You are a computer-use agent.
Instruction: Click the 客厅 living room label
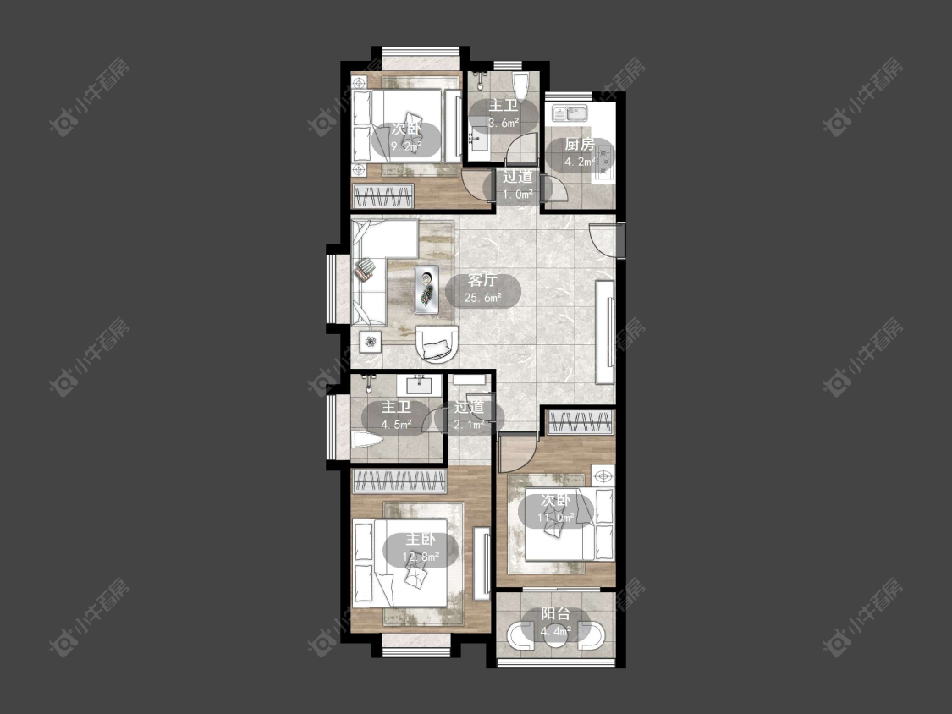point(482,281)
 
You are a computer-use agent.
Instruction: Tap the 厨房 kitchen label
point(579,145)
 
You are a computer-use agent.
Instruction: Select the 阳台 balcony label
point(555,614)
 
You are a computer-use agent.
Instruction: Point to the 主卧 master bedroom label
point(421,539)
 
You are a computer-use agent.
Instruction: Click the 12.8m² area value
point(421,556)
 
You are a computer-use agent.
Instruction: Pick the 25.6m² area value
point(482,298)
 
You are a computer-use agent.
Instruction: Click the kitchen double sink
point(569,113)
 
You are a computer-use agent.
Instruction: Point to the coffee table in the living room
point(427,289)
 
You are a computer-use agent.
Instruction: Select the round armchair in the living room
point(437,344)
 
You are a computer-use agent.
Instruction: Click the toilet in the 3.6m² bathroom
point(521,84)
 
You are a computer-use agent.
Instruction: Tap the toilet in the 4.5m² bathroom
point(366,439)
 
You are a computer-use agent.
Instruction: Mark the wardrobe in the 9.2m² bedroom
point(383,195)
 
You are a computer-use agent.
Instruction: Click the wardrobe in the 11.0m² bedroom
point(579,422)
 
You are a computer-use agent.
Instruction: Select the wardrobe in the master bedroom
point(399,481)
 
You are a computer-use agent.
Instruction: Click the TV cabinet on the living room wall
point(605,331)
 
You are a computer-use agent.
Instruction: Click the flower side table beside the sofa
point(369,343)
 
